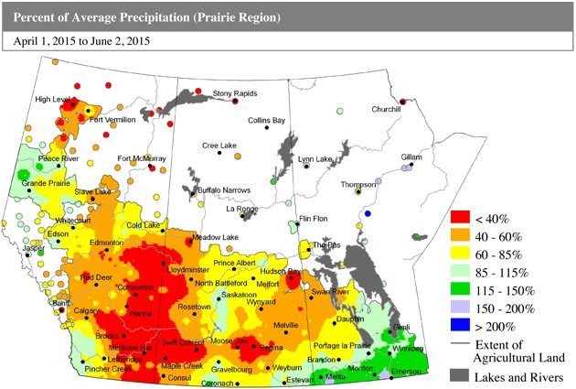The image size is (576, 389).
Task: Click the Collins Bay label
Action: pyautogui.click(x=267, y=120)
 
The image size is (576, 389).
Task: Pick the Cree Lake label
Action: pyautogui.click(x=219, y=146)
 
